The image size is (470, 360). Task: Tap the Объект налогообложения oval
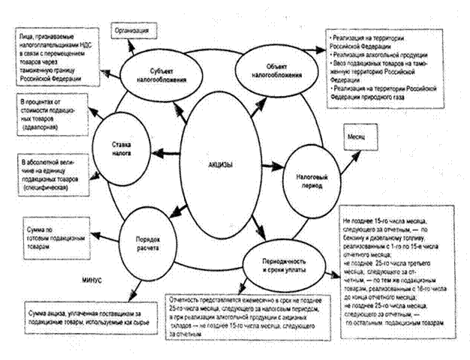(x=269, y=71)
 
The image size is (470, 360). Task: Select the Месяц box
(x=357, y=140)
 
